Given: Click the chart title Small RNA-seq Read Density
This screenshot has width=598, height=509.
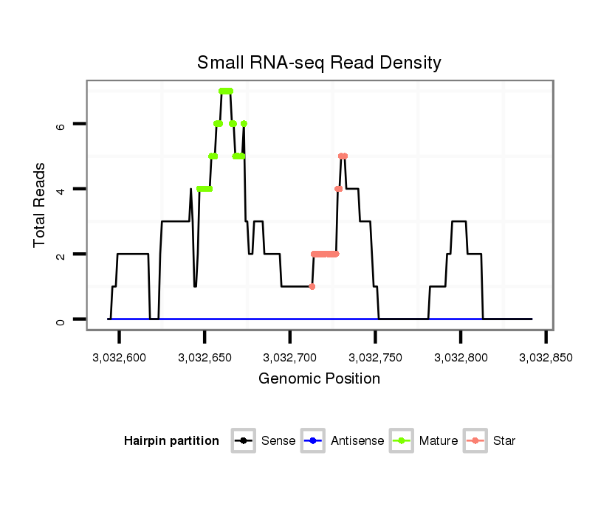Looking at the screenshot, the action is [319, 63].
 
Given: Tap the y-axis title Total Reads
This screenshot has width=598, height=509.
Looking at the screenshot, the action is [39, 205].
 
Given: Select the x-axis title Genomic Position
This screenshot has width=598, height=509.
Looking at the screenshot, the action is [319, 378].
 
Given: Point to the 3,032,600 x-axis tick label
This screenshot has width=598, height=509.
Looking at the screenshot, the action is [119, 358].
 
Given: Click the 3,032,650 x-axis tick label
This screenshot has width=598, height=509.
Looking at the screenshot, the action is [205, 358].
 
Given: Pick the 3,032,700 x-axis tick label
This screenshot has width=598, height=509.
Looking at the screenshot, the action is [290, 358].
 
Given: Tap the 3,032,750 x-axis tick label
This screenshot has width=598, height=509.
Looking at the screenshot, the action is [375, 358].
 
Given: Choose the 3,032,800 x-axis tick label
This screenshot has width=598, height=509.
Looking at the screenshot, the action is [461, 358].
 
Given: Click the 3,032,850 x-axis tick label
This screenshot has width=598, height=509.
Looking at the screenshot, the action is [546, 358].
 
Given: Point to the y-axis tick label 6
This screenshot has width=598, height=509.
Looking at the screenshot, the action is [61, 126].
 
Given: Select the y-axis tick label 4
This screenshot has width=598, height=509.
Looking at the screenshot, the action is [61, 191].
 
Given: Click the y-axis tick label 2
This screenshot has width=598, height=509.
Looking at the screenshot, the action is [61, 257].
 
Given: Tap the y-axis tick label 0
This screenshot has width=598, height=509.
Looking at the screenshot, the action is [61, 322].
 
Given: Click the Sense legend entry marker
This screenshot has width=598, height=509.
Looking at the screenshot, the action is [244, 441].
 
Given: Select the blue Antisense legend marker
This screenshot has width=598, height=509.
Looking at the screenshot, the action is [313, 441].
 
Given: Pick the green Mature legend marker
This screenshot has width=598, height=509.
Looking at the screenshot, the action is [402, 441].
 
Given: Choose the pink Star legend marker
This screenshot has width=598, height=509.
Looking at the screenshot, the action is [475, 441].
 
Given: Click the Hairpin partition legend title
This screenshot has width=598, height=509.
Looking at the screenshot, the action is [171, 441].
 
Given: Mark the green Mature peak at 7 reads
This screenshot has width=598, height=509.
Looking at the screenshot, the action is [226, 91].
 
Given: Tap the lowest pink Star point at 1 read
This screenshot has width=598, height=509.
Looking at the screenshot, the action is [312, 286].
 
